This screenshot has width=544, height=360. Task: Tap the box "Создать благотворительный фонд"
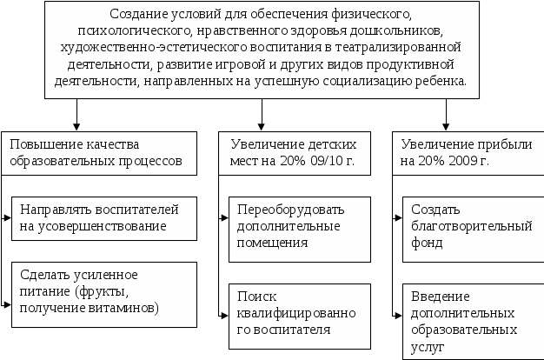point(467,226)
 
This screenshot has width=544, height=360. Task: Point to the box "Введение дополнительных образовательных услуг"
point(467,319)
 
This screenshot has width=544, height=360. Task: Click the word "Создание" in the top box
point(140,15)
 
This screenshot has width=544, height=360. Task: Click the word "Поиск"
point(254,297)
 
